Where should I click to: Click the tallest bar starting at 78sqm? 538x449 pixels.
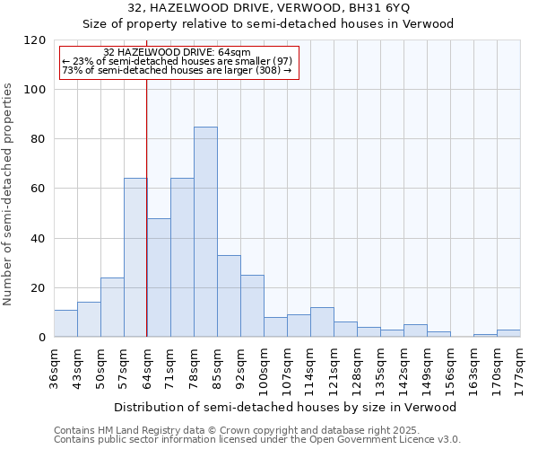[x=205, y=232]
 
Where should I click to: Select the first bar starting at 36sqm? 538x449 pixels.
[x=65, y=323]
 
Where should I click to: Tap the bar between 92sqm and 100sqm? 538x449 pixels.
[x=252, y=305]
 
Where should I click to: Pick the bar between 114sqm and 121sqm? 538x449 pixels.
[x=322, y=321]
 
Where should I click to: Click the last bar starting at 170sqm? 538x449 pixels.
[x=508, y=333]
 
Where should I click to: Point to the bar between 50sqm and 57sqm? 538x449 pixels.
[x=112, y=307]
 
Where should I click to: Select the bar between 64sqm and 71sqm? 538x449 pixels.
[x=159, y=277]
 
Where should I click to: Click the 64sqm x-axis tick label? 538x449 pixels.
[x=147, y=366]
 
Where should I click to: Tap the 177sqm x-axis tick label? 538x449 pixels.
[x=520, y=366]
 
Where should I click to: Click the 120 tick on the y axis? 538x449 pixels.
[x=35, y=40]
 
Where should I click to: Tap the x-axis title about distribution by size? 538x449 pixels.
[x=285, y=407]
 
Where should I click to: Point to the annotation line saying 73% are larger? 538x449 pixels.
[x=177, y=70]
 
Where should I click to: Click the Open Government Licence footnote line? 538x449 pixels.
[x=256, y=439]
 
